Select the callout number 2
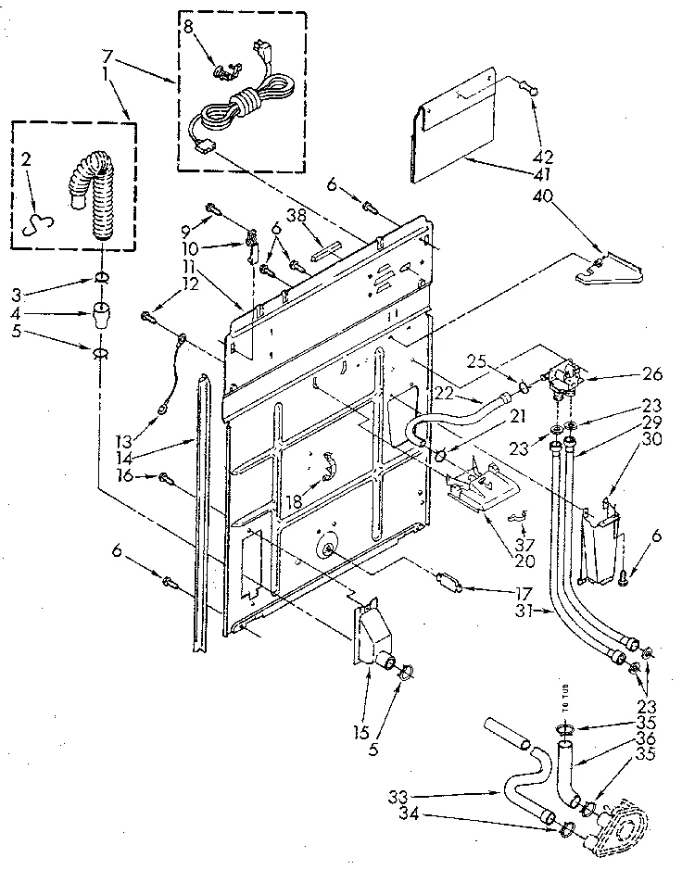[27, 160]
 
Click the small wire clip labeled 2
[36, 219]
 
